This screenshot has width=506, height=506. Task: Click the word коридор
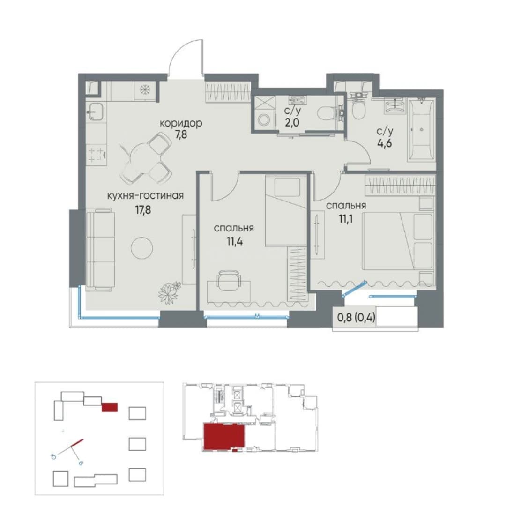pos(181,123)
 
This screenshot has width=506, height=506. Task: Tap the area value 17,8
pos(143,210)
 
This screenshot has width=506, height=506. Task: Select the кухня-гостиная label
pos(145,195)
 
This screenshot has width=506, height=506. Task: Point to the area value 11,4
pos(235,241)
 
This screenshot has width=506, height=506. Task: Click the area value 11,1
pos(346,219)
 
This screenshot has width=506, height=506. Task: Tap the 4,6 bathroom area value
pos(385,142)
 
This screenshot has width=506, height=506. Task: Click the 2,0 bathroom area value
pos(292,123)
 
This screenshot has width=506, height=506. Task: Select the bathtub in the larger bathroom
pos(422,130)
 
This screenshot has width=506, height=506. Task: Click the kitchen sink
pos(96,112)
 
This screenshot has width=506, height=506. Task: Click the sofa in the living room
pos(100,249)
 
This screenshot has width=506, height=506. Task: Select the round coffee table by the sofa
pos(142,248)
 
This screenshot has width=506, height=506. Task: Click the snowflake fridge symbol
pos(145,91)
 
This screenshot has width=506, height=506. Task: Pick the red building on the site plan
pos(110,407)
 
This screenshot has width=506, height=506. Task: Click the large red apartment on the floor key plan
pos(224,436)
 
